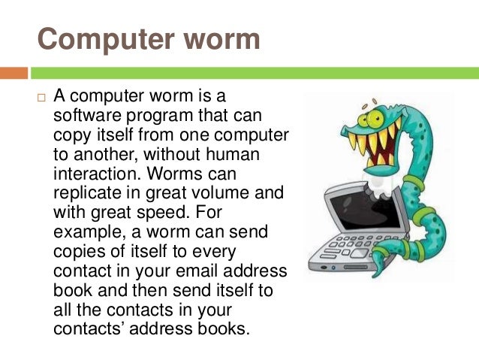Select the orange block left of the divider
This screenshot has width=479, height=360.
pyautogui.click(x=14, y=73)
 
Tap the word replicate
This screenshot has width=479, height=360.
pyautogui.click(x=86, y=192)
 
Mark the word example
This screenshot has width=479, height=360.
pyautogui.click(x=86, y=231)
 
